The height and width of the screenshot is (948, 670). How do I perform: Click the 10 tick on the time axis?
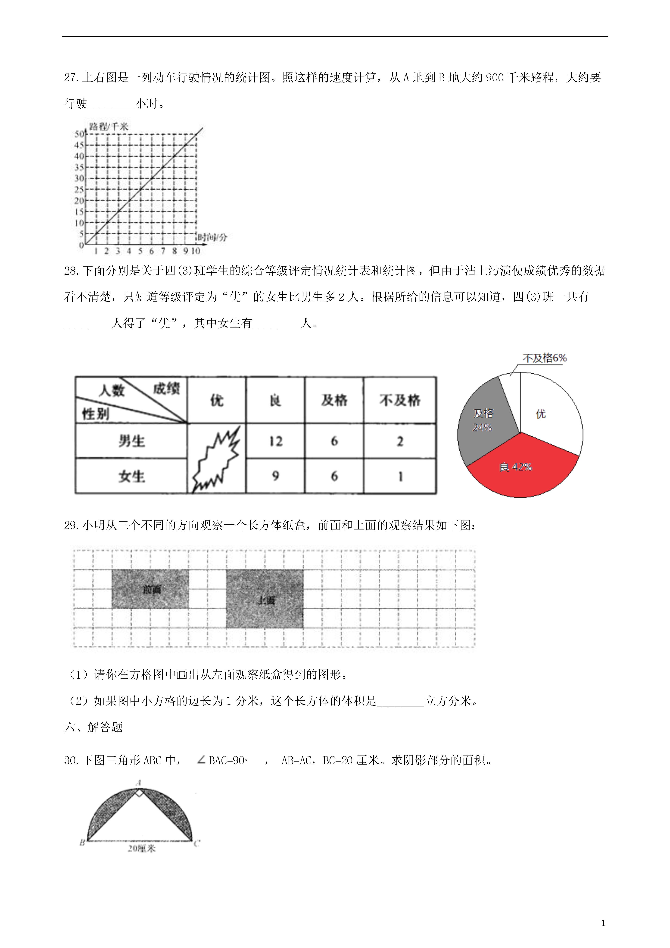[195, 251]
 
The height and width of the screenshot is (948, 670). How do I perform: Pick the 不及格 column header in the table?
[400, 400]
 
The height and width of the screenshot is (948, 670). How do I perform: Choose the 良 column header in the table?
[275, 400]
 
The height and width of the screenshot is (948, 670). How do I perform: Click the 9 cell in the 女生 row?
[276, 476]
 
